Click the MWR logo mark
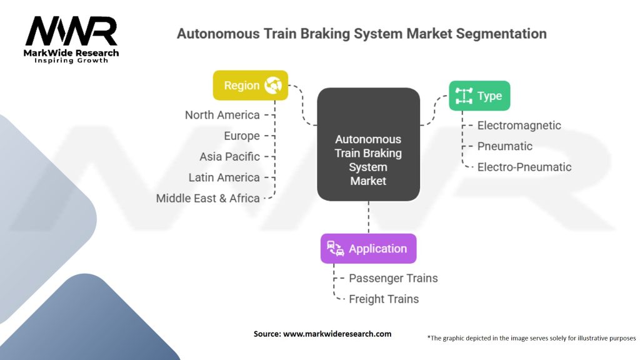pos(71,31)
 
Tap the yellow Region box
pos(251,86)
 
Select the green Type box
pos(479,96)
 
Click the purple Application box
pos(368,249)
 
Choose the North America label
pos(222,115)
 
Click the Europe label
pos(242,136)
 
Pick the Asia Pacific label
pos(229,156)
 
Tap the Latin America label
pos(224,177)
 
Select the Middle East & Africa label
pos(207,198)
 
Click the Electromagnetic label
pos(519,126)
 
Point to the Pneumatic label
pos(504,146)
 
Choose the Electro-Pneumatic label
pos(524,167)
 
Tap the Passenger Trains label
pos(393,278)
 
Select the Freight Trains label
pos(384,299)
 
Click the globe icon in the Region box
pos(273,86)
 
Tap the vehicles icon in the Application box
pos(336,249)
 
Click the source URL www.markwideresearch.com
pos(337,334)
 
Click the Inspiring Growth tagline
pos(71,61)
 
